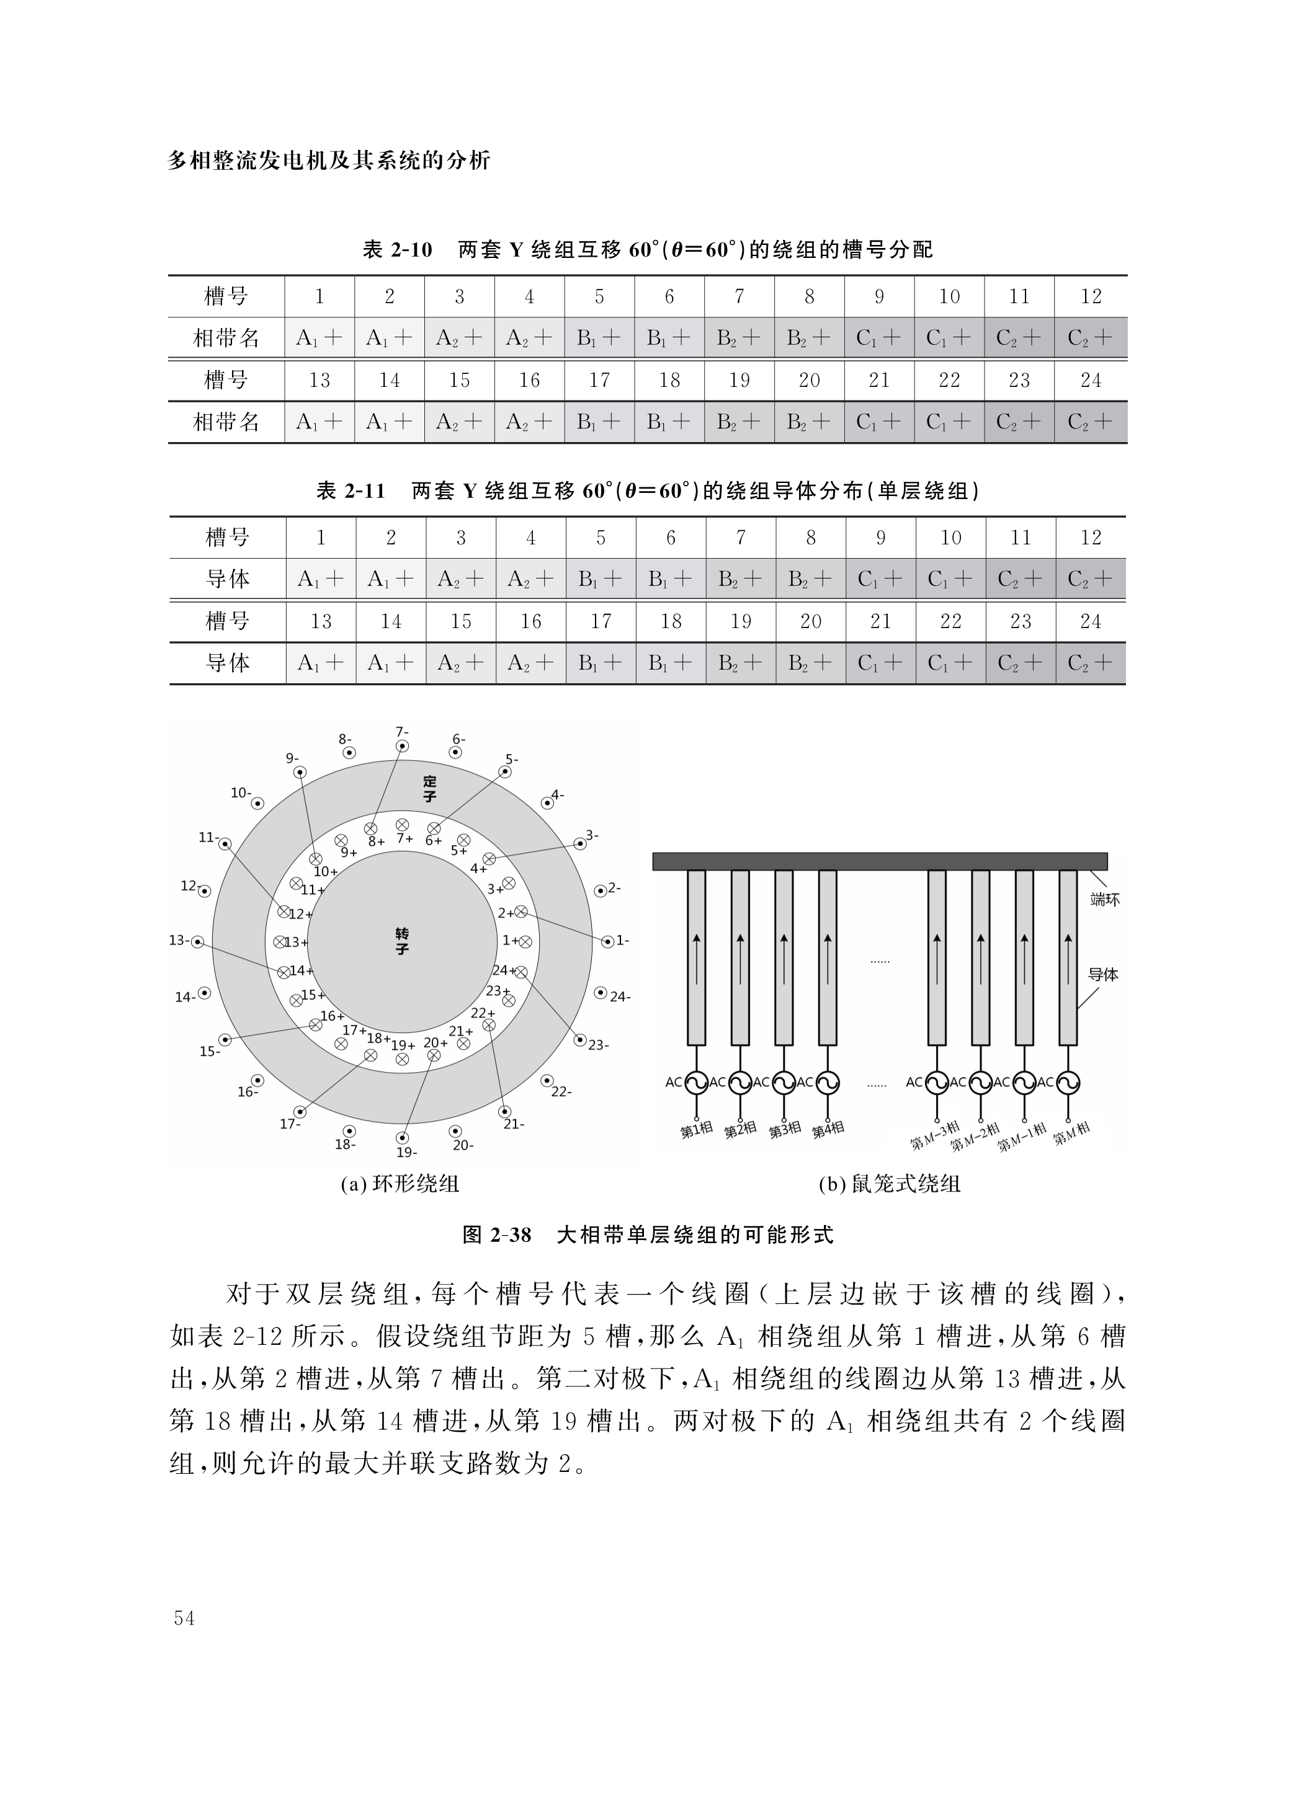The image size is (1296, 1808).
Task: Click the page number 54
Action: (184, 1618)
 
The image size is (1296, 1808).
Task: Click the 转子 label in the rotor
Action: (402, 941)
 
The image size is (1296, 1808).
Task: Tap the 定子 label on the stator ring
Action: (430, 789)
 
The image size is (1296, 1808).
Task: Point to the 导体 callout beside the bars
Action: (1103, 974)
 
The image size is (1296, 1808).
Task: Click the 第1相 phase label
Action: (696, 1130)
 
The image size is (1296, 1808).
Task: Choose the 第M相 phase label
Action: (1071, 1133)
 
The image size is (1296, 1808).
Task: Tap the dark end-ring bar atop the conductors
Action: (879, 861)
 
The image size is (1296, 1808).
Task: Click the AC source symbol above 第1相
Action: (696, 1082)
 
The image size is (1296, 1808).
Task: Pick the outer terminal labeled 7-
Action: (403, 746)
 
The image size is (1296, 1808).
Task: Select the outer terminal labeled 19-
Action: (403, 1138)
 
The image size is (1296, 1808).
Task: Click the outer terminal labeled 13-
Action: (198, 941)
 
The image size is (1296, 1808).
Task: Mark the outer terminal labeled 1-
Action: (609, 941)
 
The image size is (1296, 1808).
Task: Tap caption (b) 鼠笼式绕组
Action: (889, 1184)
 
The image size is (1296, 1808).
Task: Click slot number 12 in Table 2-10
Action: (1090, 296)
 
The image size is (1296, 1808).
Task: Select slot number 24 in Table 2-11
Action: (1090, 621)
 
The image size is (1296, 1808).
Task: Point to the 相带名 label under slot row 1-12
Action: (226, 338)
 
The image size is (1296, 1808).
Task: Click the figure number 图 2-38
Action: (496, 1235)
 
